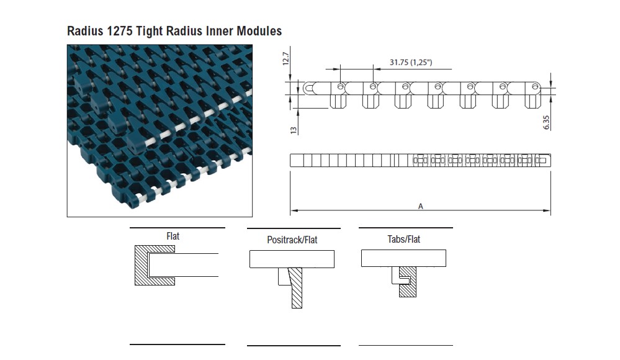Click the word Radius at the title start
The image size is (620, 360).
[86, 30]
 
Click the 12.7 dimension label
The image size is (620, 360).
[286, 58]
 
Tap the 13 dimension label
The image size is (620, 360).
[294, 128]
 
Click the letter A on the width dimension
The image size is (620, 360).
[421, 206]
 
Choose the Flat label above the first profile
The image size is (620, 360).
[173, 236]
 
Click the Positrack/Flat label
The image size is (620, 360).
[292, 240]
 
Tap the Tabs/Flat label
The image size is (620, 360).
[403, 239]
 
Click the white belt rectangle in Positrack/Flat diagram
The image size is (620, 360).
[292, 259]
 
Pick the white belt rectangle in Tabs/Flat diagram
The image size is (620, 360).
[404, 258]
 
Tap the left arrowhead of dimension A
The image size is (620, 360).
[293, 211]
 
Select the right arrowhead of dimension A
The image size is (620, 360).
[548, 211]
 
